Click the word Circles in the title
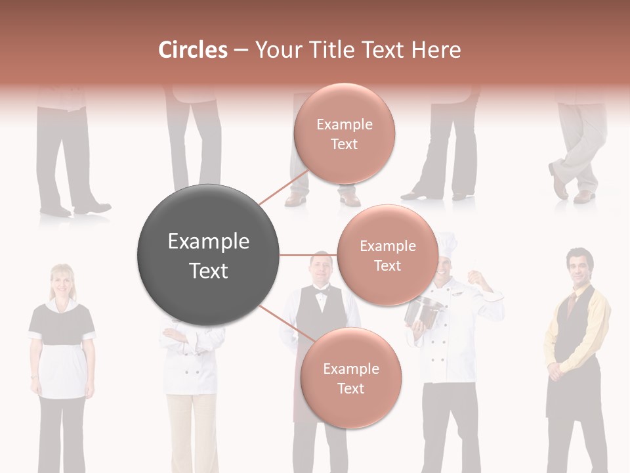[x=192, y=50]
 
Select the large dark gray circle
[x=208, y=255]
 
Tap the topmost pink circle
[x=345, y=133]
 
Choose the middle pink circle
[x=387, y=255]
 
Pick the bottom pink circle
[x=350, y=378]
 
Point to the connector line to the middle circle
[x=308, y=255]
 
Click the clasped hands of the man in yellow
[x=556, y=371]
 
